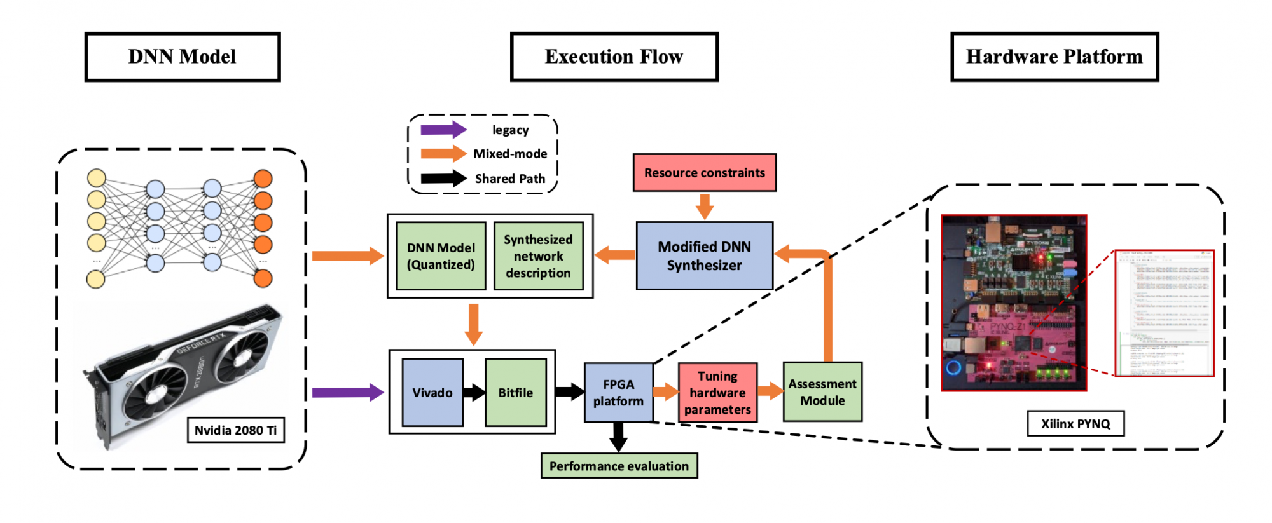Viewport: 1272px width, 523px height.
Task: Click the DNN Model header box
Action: click(183, 57)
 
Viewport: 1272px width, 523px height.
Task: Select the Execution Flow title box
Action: click(614, 57)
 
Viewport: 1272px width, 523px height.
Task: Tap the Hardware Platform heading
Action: click(1054, 57)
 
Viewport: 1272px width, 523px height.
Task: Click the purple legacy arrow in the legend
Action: click(443, 130)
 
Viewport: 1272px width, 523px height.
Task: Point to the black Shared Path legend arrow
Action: click(443, 178)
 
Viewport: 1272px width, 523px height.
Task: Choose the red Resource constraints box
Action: click(704, 172)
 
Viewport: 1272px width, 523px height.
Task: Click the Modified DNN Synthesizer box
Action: click(704, 255)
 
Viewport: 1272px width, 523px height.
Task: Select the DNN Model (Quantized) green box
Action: click(441, 256)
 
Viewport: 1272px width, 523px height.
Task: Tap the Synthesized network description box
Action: click(538, 256)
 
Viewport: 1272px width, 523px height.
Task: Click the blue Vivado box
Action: click(432, 393)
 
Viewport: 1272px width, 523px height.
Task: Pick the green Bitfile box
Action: click(515, 393)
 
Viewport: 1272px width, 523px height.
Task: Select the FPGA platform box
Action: click(618, 393)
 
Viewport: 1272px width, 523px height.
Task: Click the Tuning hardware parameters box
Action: click(717, 393)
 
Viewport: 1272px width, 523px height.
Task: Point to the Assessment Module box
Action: click(822, 392)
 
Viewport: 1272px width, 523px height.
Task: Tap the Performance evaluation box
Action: click(619, 466)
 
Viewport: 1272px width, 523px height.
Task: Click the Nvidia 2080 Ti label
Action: click(235, 430)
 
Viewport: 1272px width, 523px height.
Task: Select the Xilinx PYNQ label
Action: click(1075, 423)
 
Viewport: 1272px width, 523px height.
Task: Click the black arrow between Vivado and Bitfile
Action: click(474, 392)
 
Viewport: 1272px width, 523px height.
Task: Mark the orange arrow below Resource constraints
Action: click(704, 206)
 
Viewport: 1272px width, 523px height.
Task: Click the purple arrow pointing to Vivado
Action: click(347, 392)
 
